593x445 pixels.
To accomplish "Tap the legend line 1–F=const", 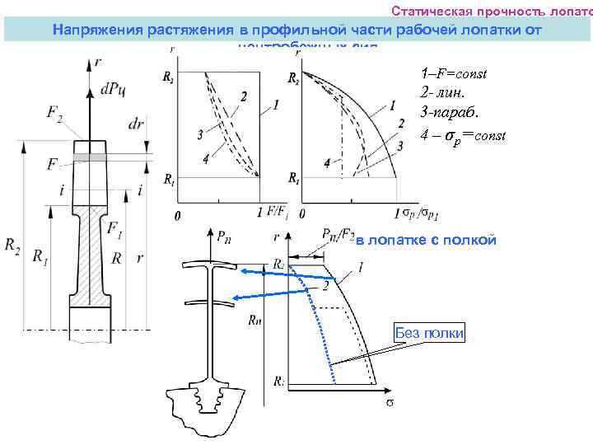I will (453, 73).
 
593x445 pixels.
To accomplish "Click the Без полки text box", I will (429, 332).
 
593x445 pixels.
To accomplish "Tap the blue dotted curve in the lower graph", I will (321, 330).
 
